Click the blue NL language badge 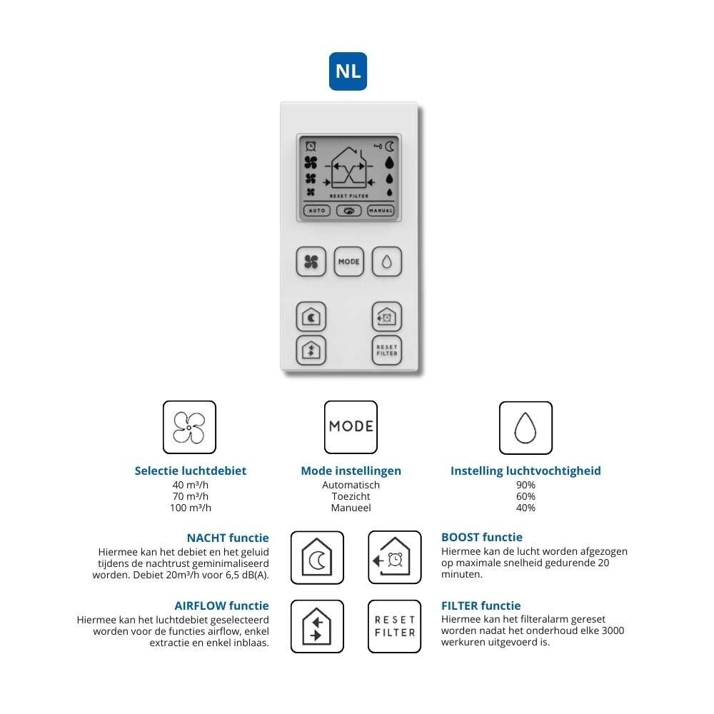tap(348, 71)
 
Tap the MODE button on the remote tap(348, 262)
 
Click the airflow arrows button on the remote tap(311, 351)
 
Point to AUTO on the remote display tap(316, 211)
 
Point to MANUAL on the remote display tap(381, 211)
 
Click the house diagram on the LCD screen tap(348, 169)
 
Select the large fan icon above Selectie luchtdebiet tap(189, 427)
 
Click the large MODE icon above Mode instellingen tap(351, 427)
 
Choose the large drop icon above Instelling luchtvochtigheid tap(526, 427)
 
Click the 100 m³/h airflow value tap(191, 508)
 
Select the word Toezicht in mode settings tap(351, 496)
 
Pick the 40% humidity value tap(526, 508)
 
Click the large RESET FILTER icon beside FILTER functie tap(394, 626)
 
